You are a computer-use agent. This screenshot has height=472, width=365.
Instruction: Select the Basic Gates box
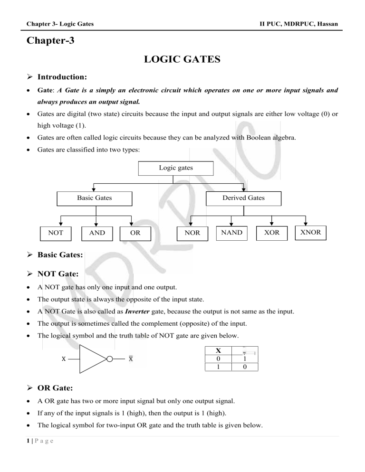point(95,198)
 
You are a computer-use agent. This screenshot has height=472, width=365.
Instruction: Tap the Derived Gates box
point(243,198)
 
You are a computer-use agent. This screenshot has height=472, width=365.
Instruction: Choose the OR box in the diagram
point(135,233)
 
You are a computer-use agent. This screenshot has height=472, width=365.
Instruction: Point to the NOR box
point(188,233)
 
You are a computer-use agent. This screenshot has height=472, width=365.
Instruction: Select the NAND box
point(231,233)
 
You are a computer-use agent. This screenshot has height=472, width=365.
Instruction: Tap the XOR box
point(271,233)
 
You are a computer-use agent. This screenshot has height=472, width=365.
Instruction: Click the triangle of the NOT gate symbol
point(92,359)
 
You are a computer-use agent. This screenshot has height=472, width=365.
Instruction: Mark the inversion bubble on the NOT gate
point(110,359)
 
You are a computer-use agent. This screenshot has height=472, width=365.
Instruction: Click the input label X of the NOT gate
point(63,359)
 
